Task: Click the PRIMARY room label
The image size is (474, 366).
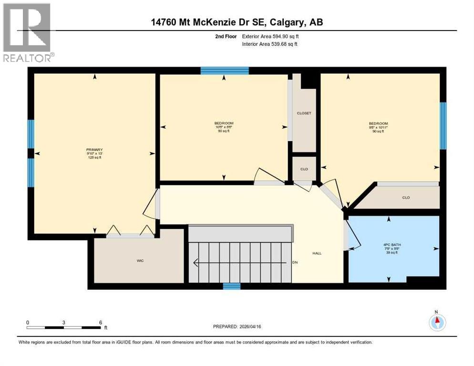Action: [94, 149]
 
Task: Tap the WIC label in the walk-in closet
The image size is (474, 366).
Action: [140, 261]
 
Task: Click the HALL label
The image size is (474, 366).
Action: [317, 253]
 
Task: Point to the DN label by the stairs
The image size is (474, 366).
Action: [295, 262]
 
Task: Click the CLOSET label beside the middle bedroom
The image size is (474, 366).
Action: [304, 113]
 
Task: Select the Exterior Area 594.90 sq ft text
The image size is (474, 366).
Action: [270, 36]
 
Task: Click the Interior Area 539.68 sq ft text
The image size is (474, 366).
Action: [270, 44]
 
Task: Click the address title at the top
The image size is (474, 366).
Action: [237, 22]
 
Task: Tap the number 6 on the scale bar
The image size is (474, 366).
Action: [100, 322]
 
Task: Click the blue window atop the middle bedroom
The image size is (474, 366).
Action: [225, 71]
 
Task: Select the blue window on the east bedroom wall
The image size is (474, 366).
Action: [443, 126]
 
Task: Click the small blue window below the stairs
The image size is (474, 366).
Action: [232, 286]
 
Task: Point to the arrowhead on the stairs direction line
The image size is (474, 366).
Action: [195, 262]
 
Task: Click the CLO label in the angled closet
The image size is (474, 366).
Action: [406, 197]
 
